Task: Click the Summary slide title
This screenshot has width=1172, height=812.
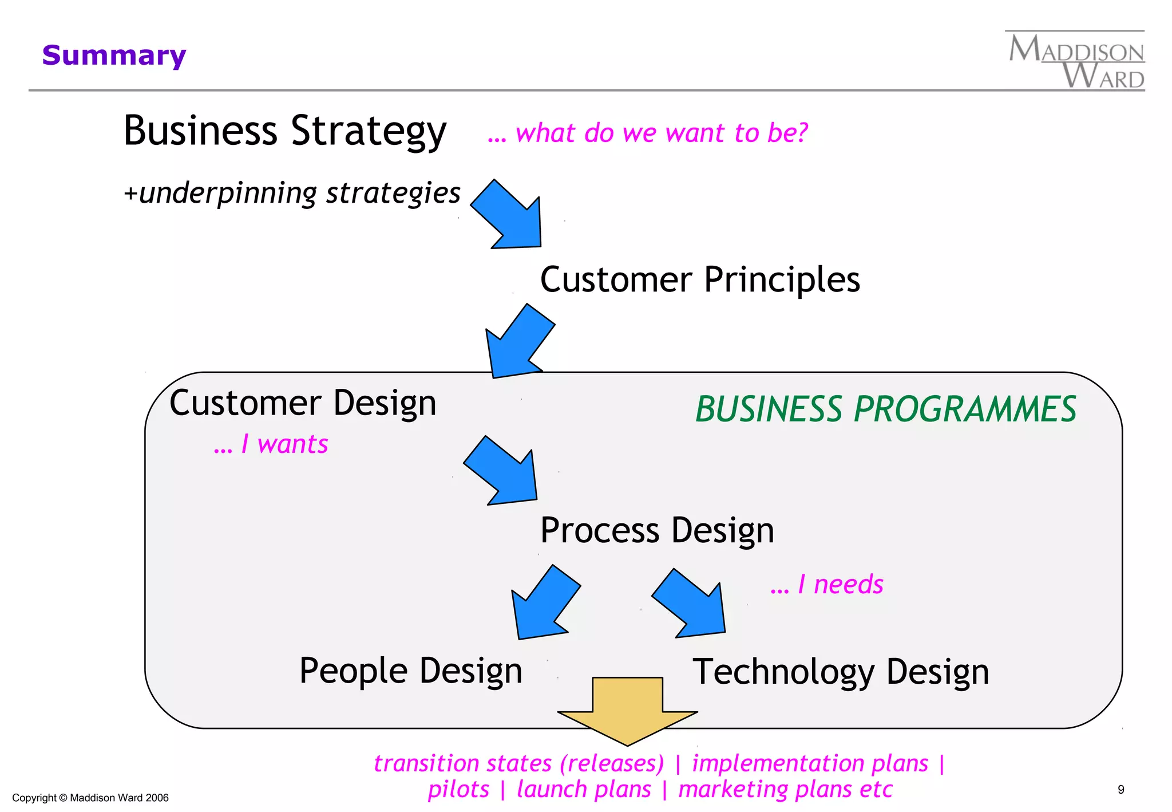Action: (114, 56)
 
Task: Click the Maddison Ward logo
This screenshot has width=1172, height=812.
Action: (1076, 61)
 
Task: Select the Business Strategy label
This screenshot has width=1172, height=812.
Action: (284, 131)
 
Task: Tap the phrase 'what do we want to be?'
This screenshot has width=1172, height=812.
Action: (661, 133)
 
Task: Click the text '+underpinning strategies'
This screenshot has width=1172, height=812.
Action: (292, 192)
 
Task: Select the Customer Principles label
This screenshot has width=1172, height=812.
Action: (699, 279)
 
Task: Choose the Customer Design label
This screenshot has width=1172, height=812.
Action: (303, 403)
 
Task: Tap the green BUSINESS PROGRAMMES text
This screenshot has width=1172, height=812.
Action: (885, 409)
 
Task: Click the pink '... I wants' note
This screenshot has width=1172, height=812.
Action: (271, 444)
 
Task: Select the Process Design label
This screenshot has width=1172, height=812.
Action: (657, 530)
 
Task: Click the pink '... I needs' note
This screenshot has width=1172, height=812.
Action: (826, 585)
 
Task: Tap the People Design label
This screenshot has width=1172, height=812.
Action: (410, 671)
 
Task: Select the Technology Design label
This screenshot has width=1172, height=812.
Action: (840, 672)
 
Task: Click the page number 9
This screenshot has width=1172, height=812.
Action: (1120, 790)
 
